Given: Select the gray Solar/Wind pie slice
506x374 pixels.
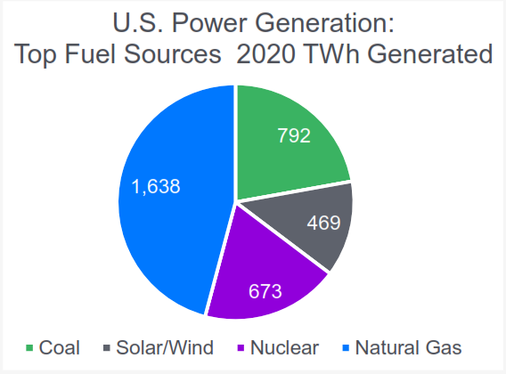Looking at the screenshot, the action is (x=310, y=223).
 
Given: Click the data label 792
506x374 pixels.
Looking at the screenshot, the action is (x=294, y=135).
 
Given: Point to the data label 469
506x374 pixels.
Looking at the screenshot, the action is (x=323, y=223).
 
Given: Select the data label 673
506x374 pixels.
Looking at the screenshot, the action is (x=265, y=291).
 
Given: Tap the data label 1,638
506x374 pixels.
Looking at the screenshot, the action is (x=156, y=186).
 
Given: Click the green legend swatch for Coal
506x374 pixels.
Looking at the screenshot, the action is (x=29, y=348).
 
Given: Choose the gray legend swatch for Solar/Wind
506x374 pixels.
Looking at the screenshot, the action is (x=107, y=348).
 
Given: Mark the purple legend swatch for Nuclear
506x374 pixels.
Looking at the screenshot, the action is (x=241, y=348).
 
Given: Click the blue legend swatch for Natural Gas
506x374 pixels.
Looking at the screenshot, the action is (x=346, y=348).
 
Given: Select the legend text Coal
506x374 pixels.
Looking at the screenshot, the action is (x=60, y=348).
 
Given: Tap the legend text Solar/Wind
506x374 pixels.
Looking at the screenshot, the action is (x=165, y=348).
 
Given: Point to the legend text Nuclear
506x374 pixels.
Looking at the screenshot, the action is (x=285, y=348).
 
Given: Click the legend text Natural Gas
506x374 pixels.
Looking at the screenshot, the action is (x=408, y=348).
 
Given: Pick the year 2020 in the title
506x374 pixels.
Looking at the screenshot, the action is (x=265, y=53).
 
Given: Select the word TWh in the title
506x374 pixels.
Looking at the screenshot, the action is (x=331, y=53).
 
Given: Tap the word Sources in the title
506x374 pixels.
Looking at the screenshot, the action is (x=172, y=53).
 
